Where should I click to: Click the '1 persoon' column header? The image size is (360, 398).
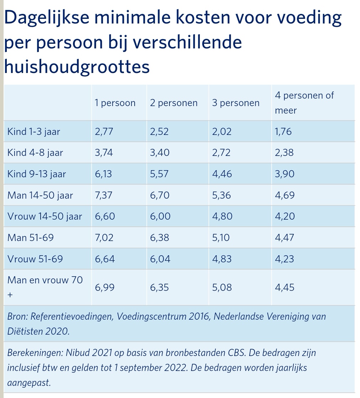(115, 103)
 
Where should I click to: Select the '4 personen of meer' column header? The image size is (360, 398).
(304, 103)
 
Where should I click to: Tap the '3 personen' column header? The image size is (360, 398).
(236, 103)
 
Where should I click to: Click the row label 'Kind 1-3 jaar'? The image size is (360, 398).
(34, 132)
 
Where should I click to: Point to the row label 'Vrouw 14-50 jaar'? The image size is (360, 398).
(45, 216)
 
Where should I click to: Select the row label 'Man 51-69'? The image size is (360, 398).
(31, 237)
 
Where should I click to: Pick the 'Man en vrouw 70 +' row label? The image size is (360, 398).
(45, 280)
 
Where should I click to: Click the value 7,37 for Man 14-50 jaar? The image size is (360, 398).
(104, 195)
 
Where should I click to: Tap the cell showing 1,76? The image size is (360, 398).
(283, 132)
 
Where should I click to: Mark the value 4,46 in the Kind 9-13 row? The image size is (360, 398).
(222, 174)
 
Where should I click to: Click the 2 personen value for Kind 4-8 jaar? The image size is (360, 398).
(160, 153)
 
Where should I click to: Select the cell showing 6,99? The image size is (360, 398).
(105, 287)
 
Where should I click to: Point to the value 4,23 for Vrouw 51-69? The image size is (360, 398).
(285, 259)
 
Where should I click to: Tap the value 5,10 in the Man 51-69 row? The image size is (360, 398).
(221, 237)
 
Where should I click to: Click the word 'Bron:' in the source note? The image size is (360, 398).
(18, 316)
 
